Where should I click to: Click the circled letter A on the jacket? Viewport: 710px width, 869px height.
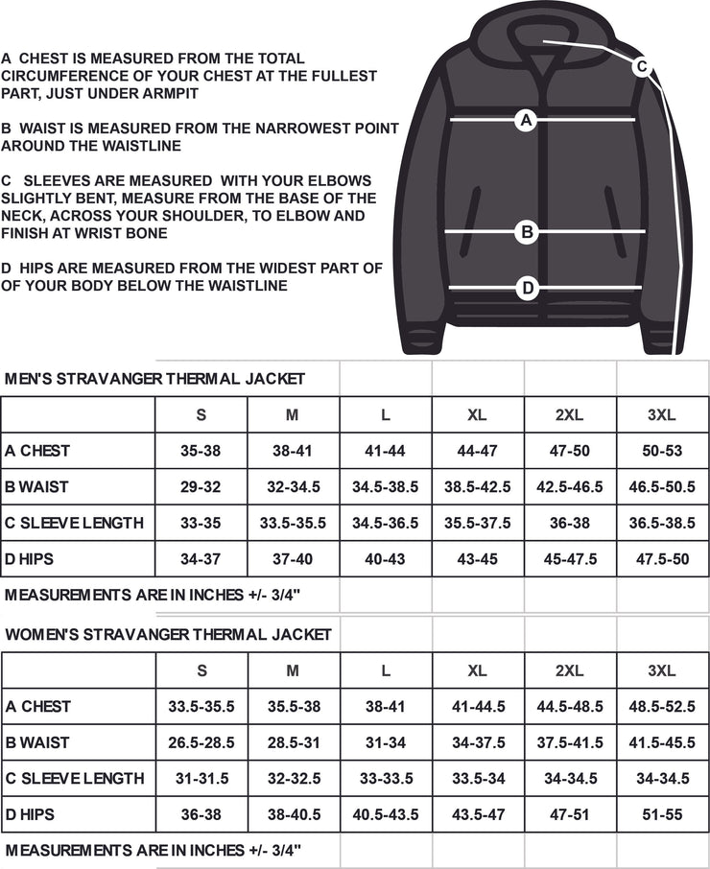pos(525,120)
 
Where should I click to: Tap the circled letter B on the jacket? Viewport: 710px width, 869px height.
pos(526,231)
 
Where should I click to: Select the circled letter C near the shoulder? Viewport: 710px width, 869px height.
pos(642,66)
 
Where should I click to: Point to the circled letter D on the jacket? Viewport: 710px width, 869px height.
pos(526,287)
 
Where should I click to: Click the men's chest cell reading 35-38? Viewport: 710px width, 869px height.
pos(201,450)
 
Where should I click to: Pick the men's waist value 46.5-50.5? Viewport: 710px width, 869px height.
pos(662,486)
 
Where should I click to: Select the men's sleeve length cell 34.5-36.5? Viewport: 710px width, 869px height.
pos(385,523)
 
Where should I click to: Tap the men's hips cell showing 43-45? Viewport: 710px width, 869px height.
pos(477,559)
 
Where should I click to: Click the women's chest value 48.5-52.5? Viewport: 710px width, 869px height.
pos(662,706)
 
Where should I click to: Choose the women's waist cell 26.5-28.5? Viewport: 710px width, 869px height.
pos(201,742)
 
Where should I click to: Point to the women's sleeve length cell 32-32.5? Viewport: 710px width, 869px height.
pos(293,779)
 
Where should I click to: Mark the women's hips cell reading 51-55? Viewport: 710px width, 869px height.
pos(662,814)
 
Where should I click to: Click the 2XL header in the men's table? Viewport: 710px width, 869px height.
pos(570,414)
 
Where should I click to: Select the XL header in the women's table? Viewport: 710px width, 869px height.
pos(477,670)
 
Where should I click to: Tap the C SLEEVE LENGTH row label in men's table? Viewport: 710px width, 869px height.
pos(74,523)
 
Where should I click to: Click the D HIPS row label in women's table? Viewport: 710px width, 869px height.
pos(30,814)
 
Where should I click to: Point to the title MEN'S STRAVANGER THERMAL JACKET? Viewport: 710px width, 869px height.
pos(154,379)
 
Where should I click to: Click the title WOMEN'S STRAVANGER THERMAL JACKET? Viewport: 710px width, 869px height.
pos(168,634)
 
